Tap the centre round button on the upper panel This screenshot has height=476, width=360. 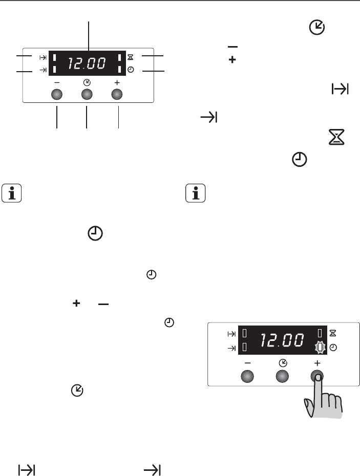(x=87, y=94)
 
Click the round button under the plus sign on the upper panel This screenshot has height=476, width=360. (x=117, y=94)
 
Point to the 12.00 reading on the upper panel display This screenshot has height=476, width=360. (x=87, y=63)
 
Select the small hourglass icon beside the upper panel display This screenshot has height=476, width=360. (x=131, y=57)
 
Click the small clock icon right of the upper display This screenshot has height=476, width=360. (x=131, y=70)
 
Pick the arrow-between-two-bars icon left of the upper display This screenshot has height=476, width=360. (x=43, y=57)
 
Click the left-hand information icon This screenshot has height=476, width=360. (x=12, y=193)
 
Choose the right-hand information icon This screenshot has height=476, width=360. (x=195, y=193)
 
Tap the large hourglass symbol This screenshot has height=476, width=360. (x=336, y=137)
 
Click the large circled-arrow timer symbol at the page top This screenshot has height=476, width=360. (x=317, y=28)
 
